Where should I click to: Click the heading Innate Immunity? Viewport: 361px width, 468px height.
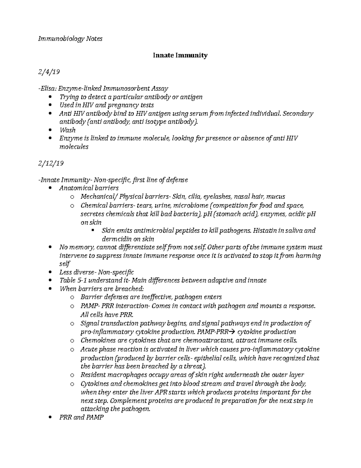pos(180,55)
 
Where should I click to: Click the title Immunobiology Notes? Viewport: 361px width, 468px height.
pos(70,39)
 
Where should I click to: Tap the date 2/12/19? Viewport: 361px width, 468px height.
pos(51,163)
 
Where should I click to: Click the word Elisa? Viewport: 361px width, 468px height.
pos(48,89)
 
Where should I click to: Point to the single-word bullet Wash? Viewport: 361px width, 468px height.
pos(67,130)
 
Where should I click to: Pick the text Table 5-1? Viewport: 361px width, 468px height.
pos(71,281)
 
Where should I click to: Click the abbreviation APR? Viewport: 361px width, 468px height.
pos(161,392)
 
